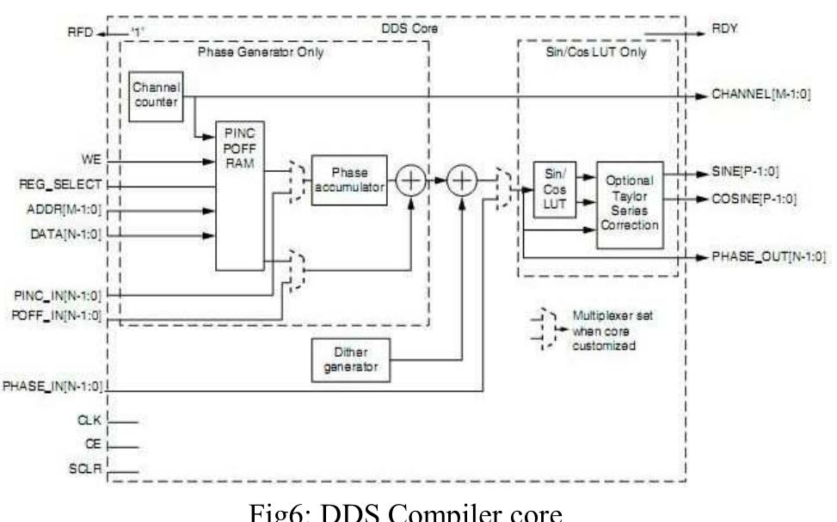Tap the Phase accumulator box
point(349,180)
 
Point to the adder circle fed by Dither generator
point(463,180)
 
